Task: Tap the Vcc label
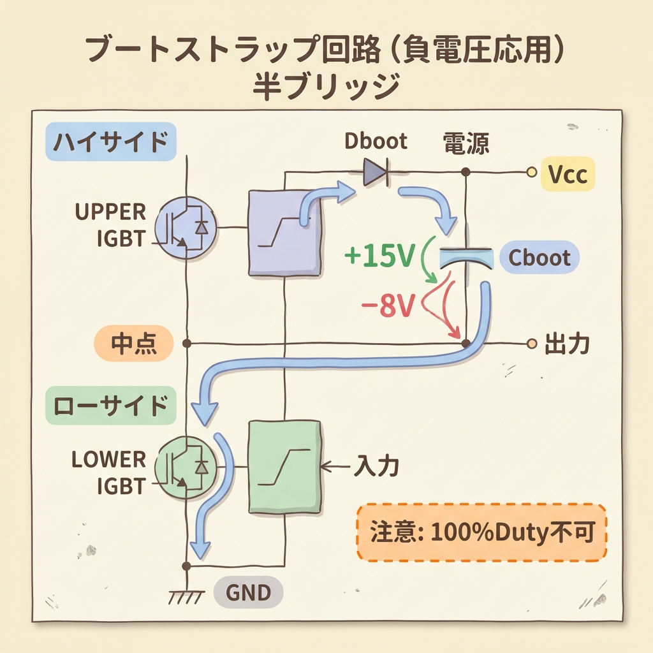pyautogui.click(x=568, y=173)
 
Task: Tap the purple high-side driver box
pyautogui.click(x=284, y=232)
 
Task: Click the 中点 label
pyautogui.click(x=134, y=344)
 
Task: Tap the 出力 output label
pyautogui.click(x=567, y=344)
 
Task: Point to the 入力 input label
pyautogui.click(x=376, y=467)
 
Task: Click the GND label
pyautogui.click(x=249, y=593)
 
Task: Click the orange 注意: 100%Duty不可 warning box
pyautogui.click(x=481, y=532)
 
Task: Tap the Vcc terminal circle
pyautogui.click(x=531, y=172)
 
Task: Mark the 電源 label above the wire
pyautogui.click(x=466, y=145)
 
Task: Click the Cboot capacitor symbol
pyautogui.click(x=467, y=259)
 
